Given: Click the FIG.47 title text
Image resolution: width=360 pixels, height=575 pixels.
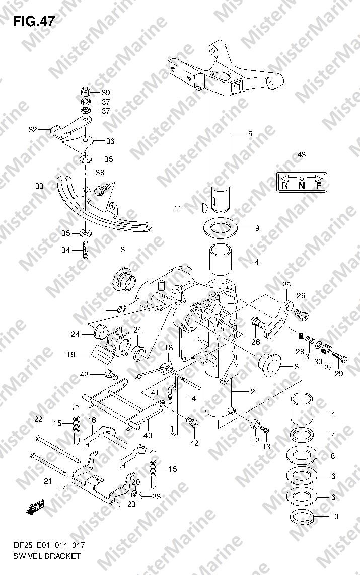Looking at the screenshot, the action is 34,22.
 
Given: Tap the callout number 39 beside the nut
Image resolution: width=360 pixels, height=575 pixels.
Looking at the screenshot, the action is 106,92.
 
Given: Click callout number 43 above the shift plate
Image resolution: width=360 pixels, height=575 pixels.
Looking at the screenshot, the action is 301,155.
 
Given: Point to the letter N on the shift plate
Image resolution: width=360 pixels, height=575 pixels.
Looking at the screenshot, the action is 301,186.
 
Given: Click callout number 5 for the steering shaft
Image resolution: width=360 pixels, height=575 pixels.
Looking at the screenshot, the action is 250,133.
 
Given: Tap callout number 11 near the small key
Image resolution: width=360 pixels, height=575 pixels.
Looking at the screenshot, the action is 178,208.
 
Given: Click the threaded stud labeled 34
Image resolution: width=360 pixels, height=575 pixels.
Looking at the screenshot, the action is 85,250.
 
